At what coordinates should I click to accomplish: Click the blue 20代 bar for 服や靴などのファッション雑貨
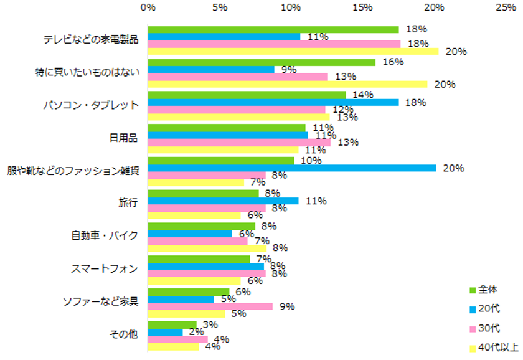291,168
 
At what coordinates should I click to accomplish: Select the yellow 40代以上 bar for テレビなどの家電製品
293,51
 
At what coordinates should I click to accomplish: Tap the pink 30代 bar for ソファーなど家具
210,306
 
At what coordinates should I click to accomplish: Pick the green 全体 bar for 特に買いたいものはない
261,62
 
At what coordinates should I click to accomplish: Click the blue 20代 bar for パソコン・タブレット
273,102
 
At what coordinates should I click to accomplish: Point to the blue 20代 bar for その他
165,332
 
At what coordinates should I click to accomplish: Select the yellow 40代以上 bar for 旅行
194,216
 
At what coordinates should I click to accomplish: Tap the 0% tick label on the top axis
148,8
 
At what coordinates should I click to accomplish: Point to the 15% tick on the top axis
363,8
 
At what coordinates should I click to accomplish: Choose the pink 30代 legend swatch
473,328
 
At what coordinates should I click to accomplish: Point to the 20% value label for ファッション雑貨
450,168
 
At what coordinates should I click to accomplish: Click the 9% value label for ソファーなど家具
286,306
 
